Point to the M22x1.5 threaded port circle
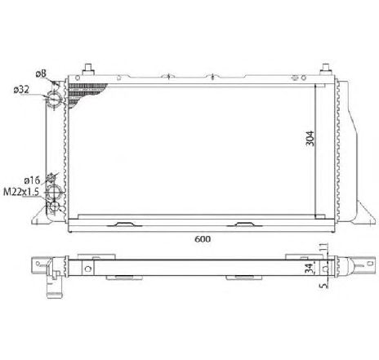click(53, 194)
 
